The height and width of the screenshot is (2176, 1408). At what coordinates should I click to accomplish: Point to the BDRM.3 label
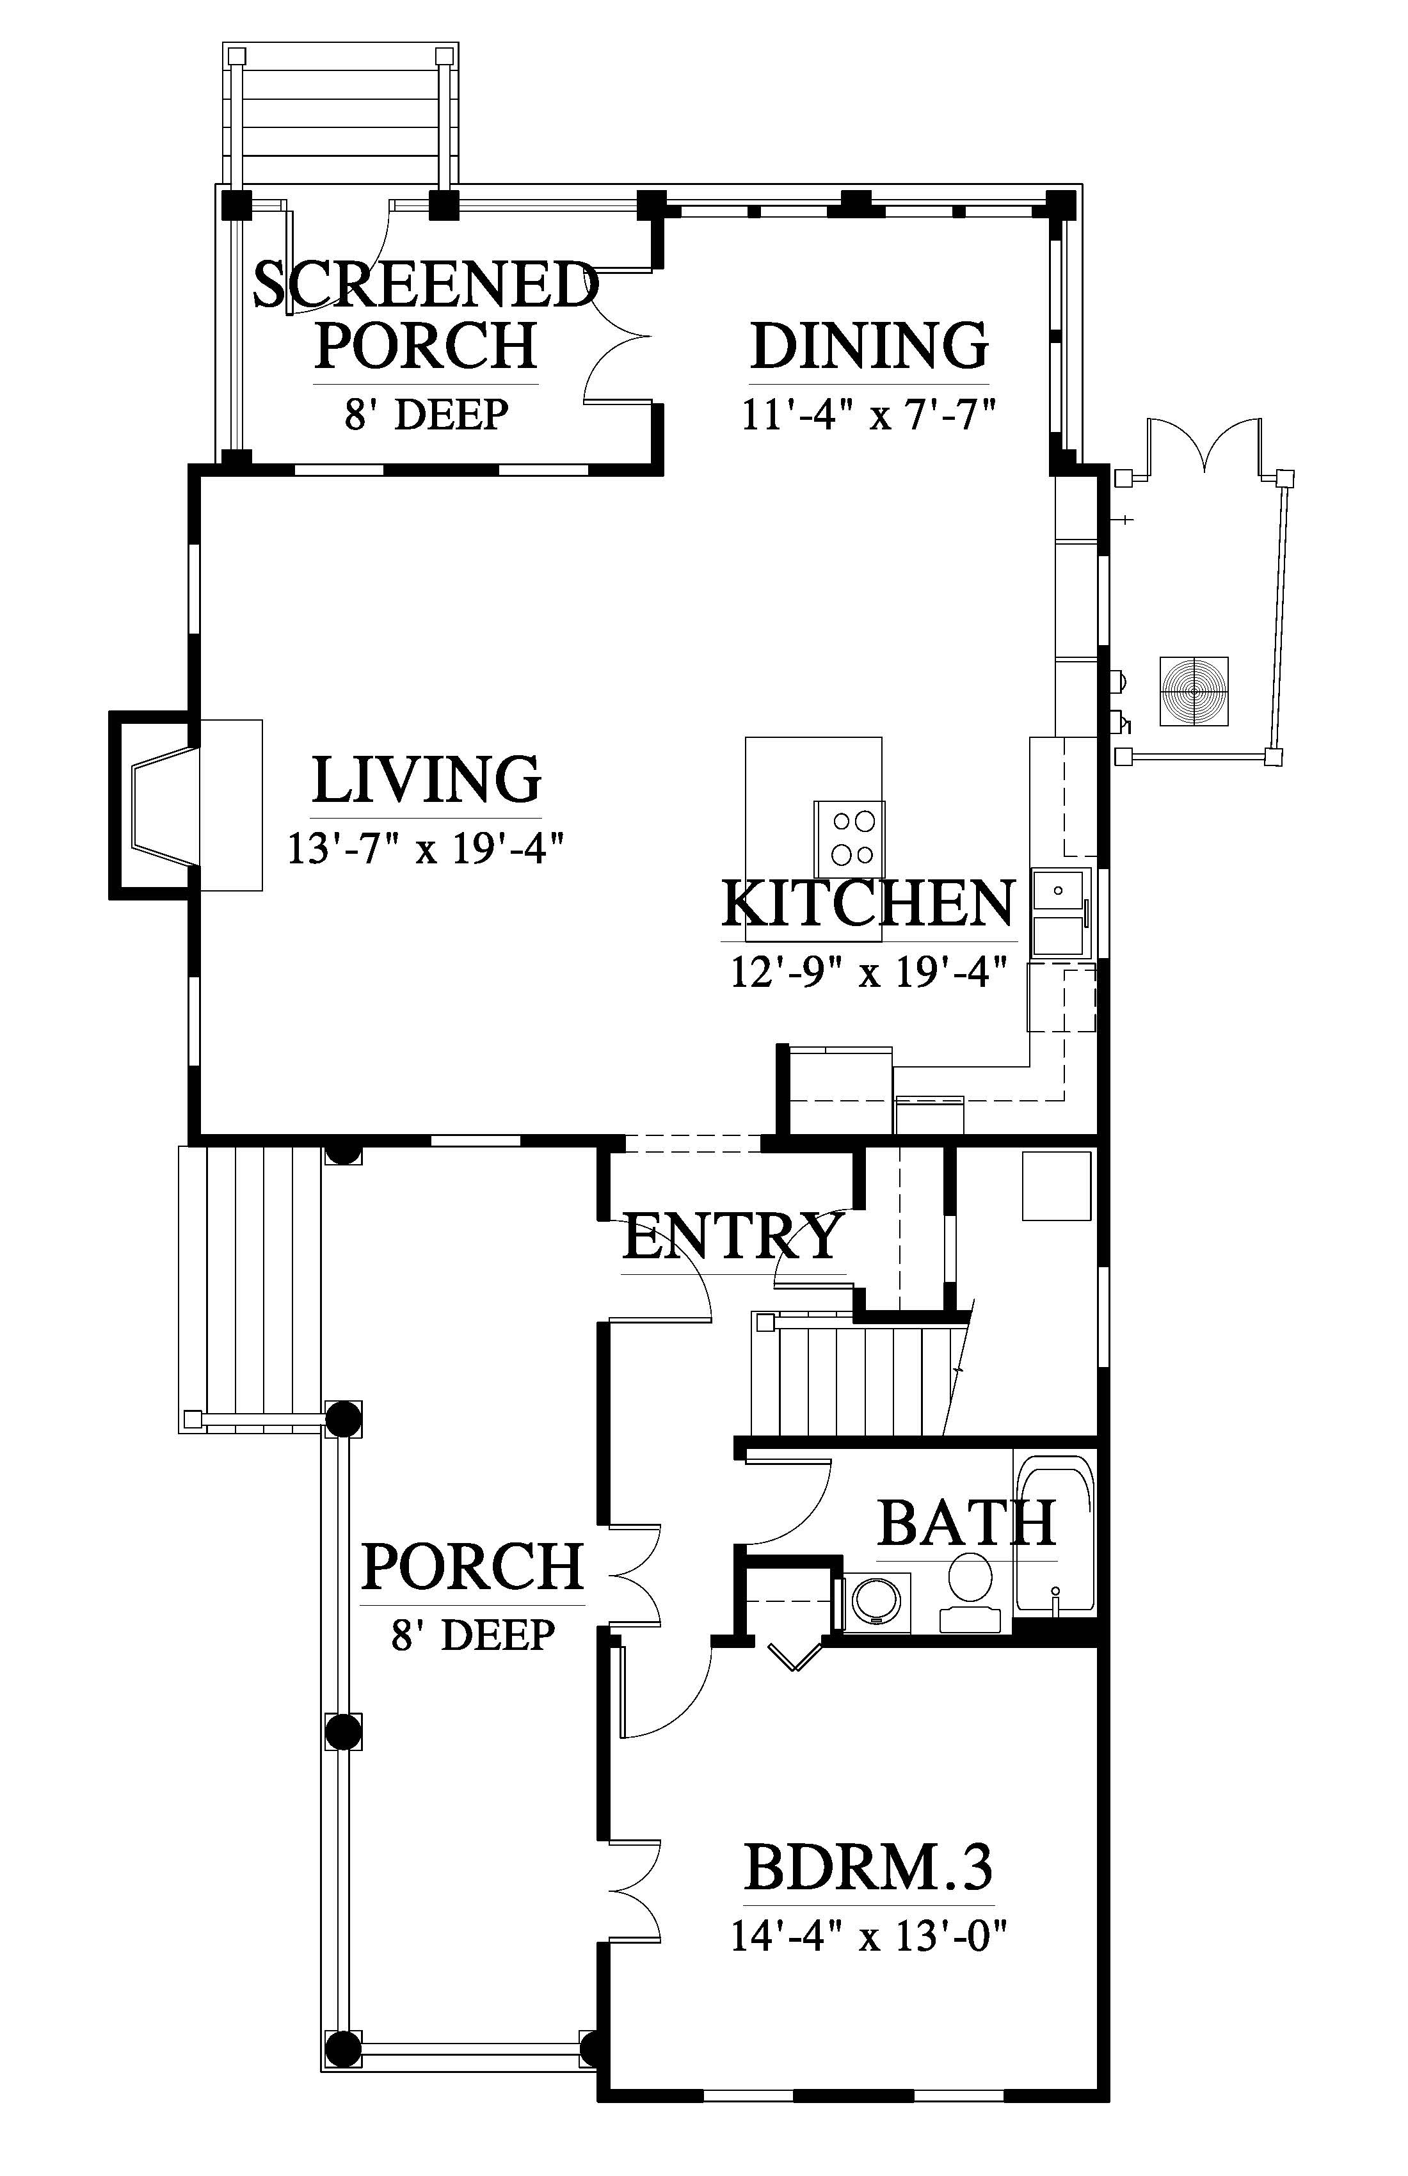868,1867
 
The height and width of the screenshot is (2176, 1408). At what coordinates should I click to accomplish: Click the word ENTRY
732,1237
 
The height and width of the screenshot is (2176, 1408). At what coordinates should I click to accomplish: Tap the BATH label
966,1523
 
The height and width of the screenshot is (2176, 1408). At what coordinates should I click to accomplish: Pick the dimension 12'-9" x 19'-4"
868,972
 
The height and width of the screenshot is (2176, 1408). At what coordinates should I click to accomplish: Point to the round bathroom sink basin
877,1601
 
